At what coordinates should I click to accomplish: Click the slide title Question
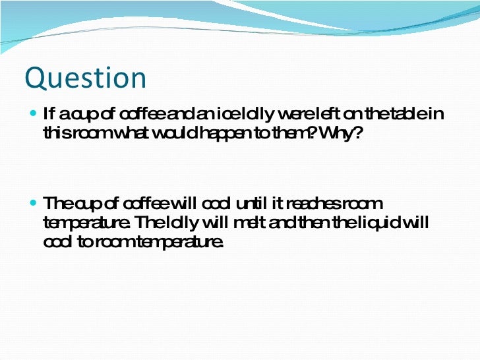(x=85, y=78)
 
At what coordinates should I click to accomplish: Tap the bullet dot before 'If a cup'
(x=34, y=113)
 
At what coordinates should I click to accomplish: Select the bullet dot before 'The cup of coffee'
(x=34, y=202)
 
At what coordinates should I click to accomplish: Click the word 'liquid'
(x=382, y=223)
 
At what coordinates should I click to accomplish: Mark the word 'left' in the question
(x=328, y=115)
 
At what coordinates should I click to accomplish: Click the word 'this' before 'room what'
(x=54, y=133)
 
